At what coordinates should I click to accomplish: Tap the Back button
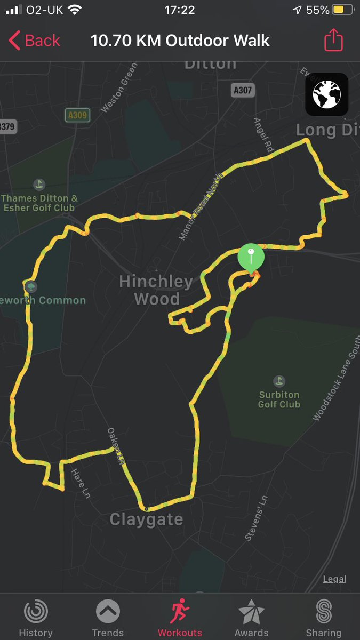(35, 41)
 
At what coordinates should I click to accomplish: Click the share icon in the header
(333, 41)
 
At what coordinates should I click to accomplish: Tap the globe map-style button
(326, 95)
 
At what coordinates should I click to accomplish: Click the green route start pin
(251, 257)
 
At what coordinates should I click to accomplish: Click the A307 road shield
(243, 91)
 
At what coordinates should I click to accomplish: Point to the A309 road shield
(77, 115)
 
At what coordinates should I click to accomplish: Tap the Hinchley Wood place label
(156, 290)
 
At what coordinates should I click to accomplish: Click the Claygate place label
(146, 519)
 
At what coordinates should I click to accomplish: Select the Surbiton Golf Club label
(279, 399)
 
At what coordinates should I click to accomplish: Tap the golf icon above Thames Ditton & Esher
(38, 185)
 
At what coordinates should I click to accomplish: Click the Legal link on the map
(334, 579)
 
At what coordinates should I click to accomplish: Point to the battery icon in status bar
(339, 10)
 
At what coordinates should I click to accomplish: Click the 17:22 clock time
(180, 10)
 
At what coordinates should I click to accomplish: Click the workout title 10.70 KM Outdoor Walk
(180, 41)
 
